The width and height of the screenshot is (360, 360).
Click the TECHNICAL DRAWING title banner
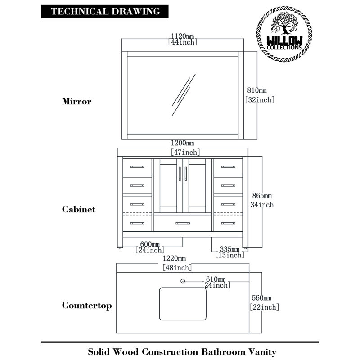point(105,12)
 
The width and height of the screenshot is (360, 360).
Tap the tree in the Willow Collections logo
point(284,23)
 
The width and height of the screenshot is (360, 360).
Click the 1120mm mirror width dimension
point(183,36)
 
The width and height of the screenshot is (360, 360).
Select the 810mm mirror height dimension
point(257,90)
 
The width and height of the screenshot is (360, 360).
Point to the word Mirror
point(76,101)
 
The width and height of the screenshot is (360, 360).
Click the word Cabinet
point(78,209)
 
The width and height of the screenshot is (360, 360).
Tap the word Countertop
point(87,306)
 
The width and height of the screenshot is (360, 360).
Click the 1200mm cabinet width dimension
point(183,143)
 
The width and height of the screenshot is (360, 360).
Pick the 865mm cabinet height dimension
point(262,196)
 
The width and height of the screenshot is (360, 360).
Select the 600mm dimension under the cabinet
point(150,244)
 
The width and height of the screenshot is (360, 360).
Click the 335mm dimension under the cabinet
point(229,249)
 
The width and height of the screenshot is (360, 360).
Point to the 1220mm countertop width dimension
point(174,258)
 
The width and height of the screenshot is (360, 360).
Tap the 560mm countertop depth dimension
point(261,298)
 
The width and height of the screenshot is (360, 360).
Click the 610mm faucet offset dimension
point(216,279)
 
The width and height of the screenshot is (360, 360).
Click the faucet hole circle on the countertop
point(183,281)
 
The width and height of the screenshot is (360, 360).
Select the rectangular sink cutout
point(183,304)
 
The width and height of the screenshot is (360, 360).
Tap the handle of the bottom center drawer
point(183,223)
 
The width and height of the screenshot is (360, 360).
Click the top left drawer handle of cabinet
point(137,167)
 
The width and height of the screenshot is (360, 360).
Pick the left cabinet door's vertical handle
point(180,174)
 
